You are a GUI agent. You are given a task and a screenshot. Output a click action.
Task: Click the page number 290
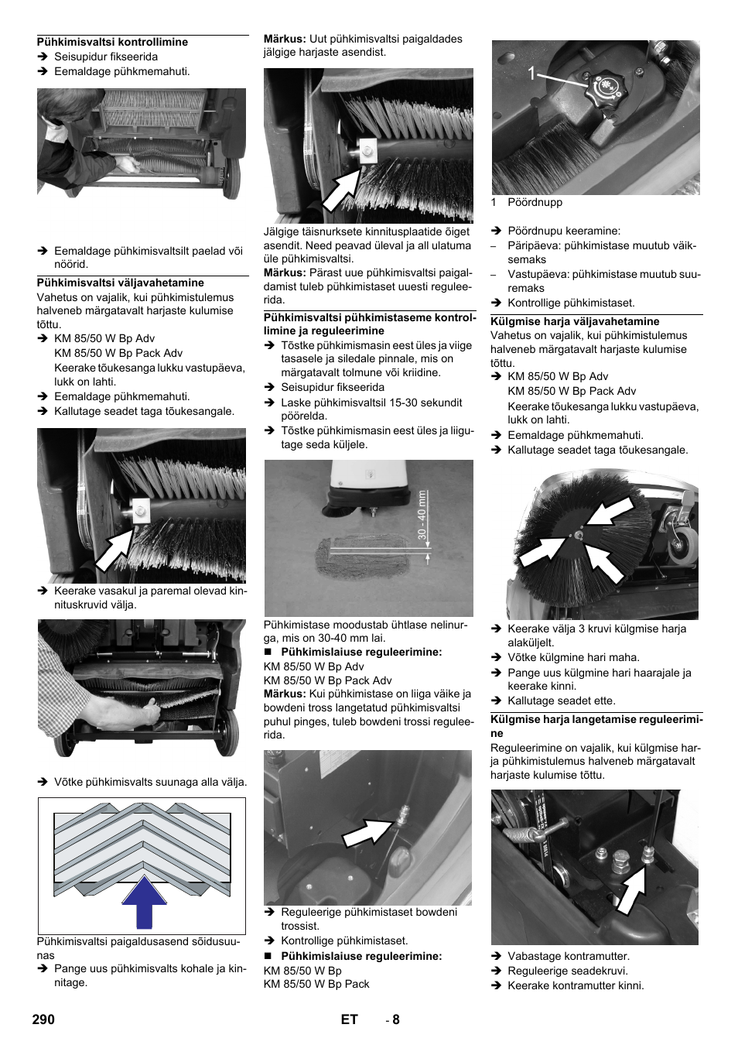coord(43,1019)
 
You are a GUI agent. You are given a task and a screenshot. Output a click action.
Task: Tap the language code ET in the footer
coord(349,1019)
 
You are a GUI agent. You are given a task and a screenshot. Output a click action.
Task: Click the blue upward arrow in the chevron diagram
coord(144,902)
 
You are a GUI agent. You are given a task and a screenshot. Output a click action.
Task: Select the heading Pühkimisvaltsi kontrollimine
coord(112,42)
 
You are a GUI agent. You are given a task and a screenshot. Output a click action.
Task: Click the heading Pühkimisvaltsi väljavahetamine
coord(121,283)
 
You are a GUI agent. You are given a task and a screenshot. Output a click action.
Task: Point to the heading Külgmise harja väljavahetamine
coord(575,321)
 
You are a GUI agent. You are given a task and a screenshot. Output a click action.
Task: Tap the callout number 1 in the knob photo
coord(531,74)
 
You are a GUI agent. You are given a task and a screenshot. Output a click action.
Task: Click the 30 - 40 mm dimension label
coord(422,515)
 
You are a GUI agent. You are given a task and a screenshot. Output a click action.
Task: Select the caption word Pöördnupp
coord(535,202)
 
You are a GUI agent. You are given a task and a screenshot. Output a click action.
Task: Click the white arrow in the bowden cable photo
coord(367,832)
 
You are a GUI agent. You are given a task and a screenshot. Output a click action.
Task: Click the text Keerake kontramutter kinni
coord(576,985)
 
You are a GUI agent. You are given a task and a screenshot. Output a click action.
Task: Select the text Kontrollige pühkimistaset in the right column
coord(571,303)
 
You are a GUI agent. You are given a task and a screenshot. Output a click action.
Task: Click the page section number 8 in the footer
coord(395,1019)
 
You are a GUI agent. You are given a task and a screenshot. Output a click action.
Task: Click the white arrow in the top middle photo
coord(340,190)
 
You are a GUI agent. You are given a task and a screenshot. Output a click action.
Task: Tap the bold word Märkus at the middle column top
coord(285,39)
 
